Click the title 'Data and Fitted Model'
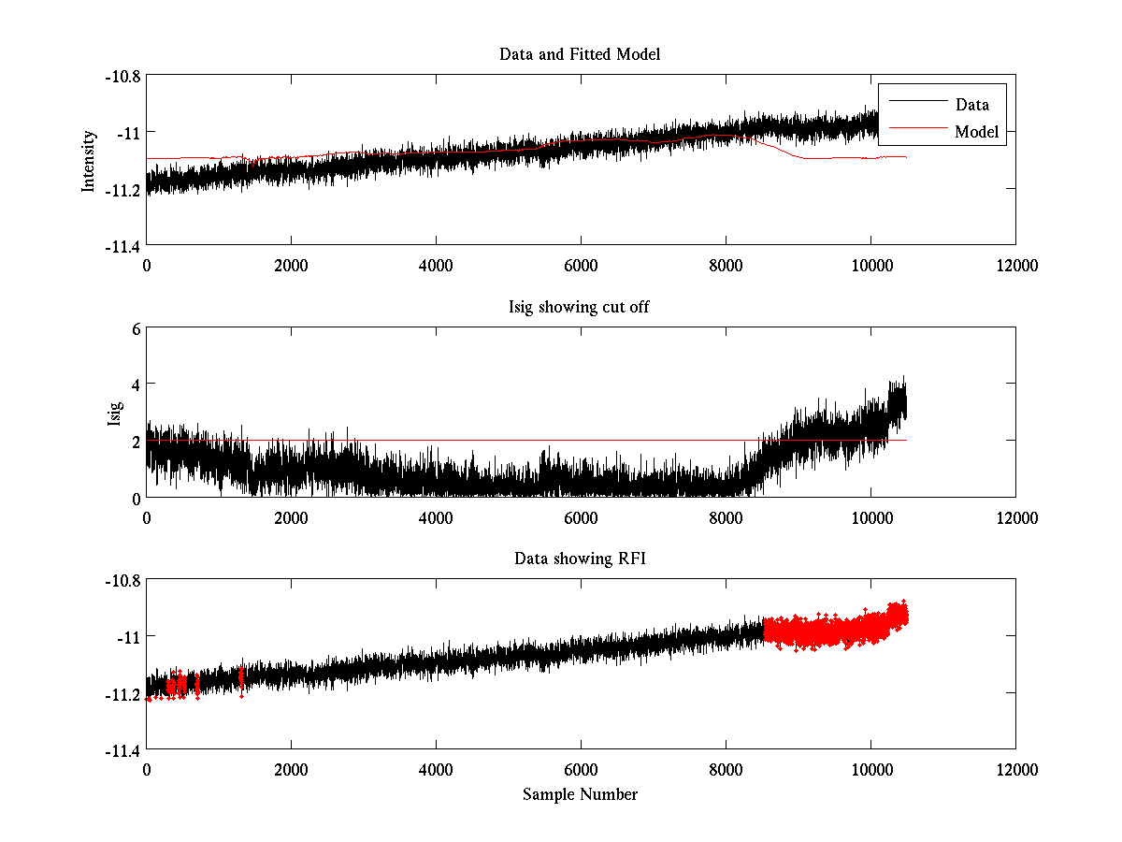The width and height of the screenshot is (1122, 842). [580, 54]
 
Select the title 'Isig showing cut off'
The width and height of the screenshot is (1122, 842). [580, 307]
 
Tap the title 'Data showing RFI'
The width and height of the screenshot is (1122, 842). [580, 559]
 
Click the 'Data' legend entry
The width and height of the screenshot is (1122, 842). [971, 105]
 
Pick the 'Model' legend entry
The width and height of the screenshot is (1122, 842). [976, 132]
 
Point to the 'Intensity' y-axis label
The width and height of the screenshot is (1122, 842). [89, 161]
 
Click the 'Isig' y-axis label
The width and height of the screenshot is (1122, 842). [115, 413]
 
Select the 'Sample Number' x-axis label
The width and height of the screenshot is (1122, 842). [580, 794]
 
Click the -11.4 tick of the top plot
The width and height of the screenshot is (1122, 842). [122, 246]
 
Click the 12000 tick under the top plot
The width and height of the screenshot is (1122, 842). [1015, 266]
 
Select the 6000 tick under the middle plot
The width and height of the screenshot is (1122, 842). [581, 517]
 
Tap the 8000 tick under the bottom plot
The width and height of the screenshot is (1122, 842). [726, 769]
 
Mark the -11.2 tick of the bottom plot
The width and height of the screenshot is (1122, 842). [122, 694]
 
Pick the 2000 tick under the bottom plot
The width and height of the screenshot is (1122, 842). [291, 769]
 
